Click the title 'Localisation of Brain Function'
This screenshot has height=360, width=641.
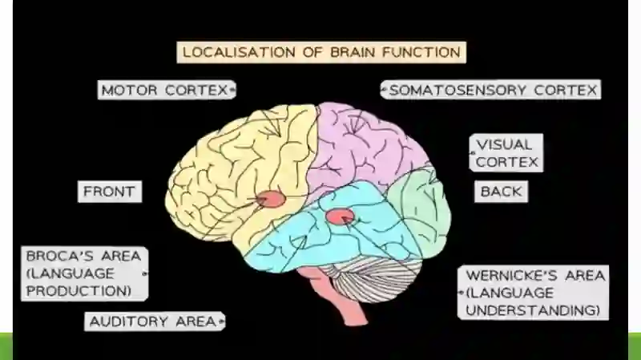click(321, 52)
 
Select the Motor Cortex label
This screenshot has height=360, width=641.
click(167, 90)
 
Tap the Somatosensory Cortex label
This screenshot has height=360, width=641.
click(490, 90)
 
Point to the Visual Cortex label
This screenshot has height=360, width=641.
click(506, 153)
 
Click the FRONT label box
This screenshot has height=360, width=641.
click(110, 192)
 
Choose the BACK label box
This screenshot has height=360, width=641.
click(502, 192)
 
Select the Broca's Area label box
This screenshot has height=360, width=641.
click(85, 273)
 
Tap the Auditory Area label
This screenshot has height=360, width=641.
click(155, 322)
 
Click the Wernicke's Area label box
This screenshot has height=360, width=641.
click(533, 293)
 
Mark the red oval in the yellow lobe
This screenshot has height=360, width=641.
click(272, 199)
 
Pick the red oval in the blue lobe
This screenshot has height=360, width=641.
click(340, 216)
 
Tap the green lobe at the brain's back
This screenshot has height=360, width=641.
click(421, 208)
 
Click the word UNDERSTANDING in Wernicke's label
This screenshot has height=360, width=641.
click(533, 310)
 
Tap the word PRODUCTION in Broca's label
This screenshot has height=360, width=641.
click(79, 290)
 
